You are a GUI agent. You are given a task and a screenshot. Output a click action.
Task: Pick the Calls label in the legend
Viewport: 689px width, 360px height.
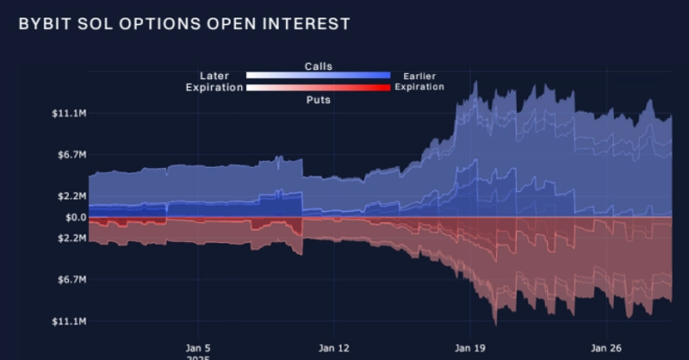(x=318, y=66)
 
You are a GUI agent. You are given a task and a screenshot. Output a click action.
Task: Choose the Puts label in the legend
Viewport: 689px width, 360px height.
(x=318, y=100)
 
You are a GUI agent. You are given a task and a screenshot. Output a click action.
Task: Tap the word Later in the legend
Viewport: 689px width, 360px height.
(x=214, y=77)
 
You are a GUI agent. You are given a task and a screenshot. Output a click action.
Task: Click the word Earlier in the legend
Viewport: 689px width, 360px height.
(x=419, y=77)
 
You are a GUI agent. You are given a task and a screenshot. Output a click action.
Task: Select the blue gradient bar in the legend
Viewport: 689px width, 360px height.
(x=318, y=76)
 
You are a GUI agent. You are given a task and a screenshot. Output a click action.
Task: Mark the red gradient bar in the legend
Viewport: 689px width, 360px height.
(x=318, y=88)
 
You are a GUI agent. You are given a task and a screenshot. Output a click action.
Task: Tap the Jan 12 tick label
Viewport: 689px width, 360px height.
(x=334, y=348)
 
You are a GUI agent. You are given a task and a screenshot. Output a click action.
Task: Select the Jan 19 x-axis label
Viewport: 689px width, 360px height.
(x=470, y=348)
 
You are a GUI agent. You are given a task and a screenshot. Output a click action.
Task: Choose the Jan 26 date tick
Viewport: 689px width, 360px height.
(x=606, y=348)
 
